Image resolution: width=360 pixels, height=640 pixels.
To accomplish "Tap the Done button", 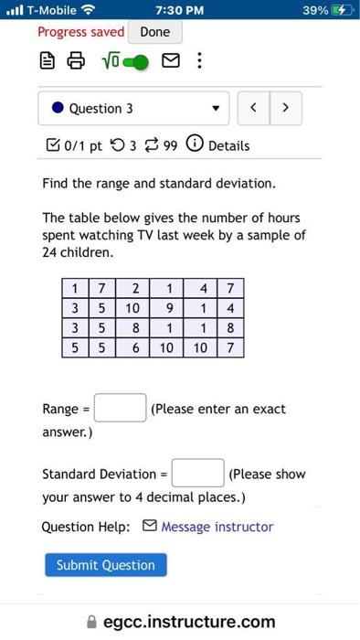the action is (x=155, y=32).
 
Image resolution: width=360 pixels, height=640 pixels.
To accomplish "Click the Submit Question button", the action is (x=106, y=565).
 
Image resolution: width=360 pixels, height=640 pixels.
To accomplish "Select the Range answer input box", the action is (x=121, y=408).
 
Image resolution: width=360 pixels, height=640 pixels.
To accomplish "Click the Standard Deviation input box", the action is (x=197, y=474).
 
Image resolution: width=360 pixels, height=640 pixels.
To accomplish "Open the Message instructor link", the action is (x=217, y=527).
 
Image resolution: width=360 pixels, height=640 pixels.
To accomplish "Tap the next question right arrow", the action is (x=286, y=108).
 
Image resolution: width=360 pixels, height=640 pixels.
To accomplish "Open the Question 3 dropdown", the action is (x=133, y=108).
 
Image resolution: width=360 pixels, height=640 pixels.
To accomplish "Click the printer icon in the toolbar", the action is (x=78, y=63).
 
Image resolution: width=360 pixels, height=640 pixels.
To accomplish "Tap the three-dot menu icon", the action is (x=199, y=63).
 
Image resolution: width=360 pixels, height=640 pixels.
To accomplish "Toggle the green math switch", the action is (x=134, y=63).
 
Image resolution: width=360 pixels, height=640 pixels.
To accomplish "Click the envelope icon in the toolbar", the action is (x=170, y=63).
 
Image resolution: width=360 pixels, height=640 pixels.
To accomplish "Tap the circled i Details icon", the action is (x=195, y=145).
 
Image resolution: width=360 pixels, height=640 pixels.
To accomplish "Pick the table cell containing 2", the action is (x=134, y=289).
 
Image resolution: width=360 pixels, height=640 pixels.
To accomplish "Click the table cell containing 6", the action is (x=134, y=347).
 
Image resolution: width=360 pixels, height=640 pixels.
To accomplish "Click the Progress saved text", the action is (x=80, y=32).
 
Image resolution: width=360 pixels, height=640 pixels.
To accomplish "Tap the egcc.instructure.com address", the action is (x=188, y=622).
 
